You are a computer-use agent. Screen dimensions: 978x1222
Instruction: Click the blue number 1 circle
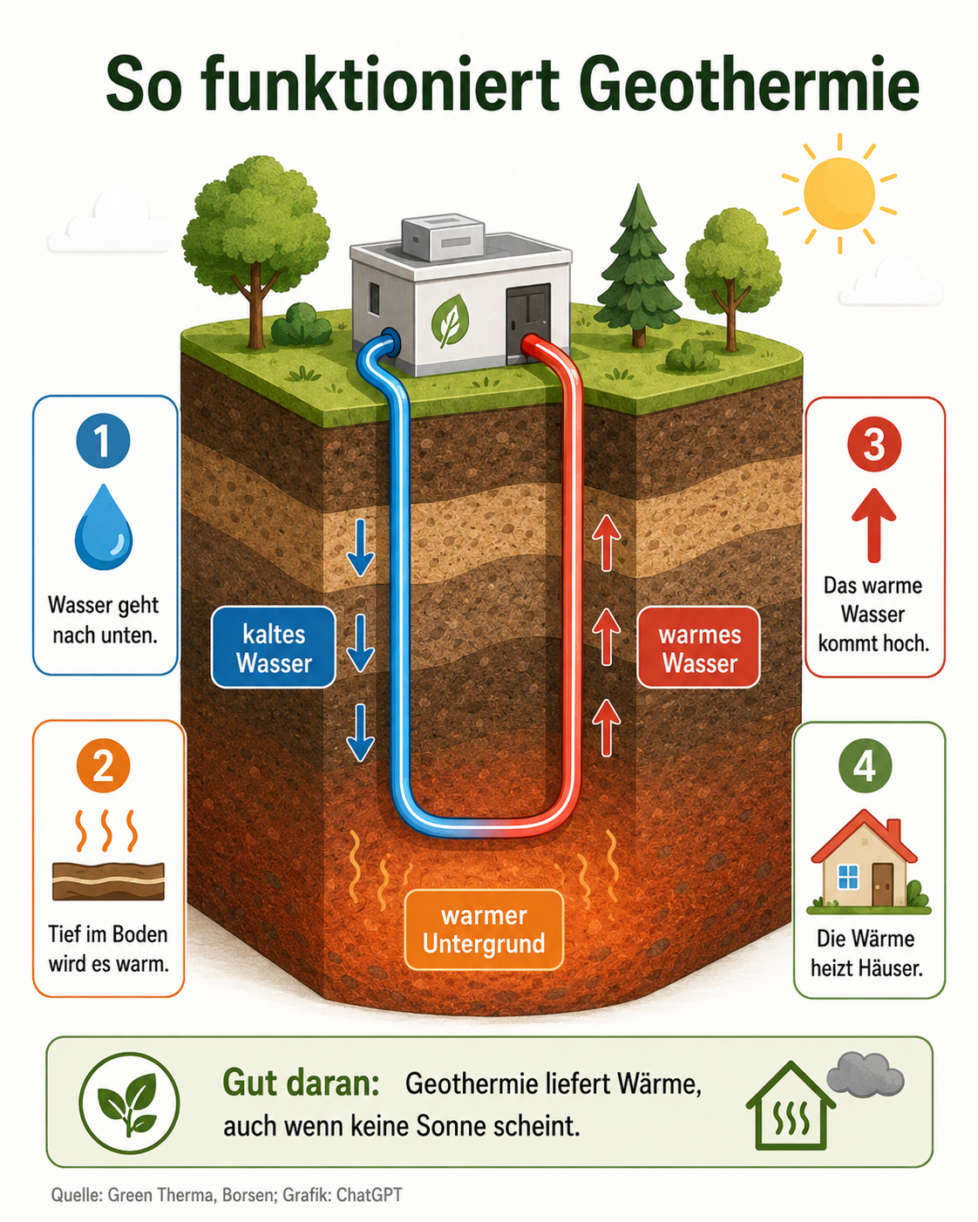[x=104, y=441]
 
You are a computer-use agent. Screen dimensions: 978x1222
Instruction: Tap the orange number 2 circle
[x=104, y=766]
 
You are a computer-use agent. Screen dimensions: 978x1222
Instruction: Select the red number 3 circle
[x=874, y=444]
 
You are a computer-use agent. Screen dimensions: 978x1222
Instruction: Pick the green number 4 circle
[x=865, y=767]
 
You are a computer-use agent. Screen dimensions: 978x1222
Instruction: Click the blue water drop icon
[x=104, y=526]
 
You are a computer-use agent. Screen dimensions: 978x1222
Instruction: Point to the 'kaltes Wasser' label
[x=274, y=648]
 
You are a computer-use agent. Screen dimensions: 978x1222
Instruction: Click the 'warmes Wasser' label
[x=699, y=648]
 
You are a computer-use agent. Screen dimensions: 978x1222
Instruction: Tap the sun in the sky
[x=839, y=193]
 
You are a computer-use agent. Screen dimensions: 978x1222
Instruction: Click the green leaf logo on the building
[x=450, y=322]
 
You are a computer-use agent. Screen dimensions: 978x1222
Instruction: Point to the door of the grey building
[x=527, y=322]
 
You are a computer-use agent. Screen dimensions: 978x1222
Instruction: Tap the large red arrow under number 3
[x=874, y=525]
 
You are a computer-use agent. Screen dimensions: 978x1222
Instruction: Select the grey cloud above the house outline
[x=865, y=1073]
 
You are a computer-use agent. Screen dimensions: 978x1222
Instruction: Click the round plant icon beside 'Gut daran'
[x=129, y=1103]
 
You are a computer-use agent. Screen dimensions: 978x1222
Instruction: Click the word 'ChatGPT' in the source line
[x=370, y=1194]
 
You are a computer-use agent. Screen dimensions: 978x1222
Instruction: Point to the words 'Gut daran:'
[x=301, y=1083]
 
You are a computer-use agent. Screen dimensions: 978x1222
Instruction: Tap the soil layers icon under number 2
[x=108, y=881]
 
